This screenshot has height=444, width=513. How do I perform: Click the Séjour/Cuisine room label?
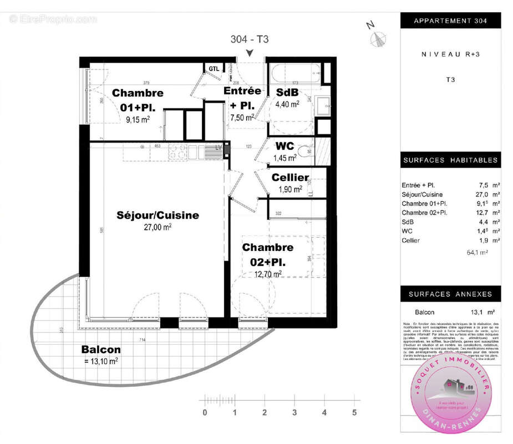click(x=158, y=215)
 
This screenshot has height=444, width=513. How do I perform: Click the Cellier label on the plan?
click(x=290, y=178)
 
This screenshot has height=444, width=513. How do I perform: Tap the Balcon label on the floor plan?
click(x=101, y=350)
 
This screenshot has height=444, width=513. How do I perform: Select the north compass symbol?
click(x=378, y=37)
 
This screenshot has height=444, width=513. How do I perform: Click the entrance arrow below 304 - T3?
click(x=250, y=53)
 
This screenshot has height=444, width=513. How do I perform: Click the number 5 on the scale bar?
click(x=354, y=412)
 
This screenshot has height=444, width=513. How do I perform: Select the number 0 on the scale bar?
click(x=205, y=412)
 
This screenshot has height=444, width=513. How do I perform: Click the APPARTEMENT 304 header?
click(x=450, y=21)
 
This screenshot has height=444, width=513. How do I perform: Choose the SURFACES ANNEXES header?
click(x=450, y=294)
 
